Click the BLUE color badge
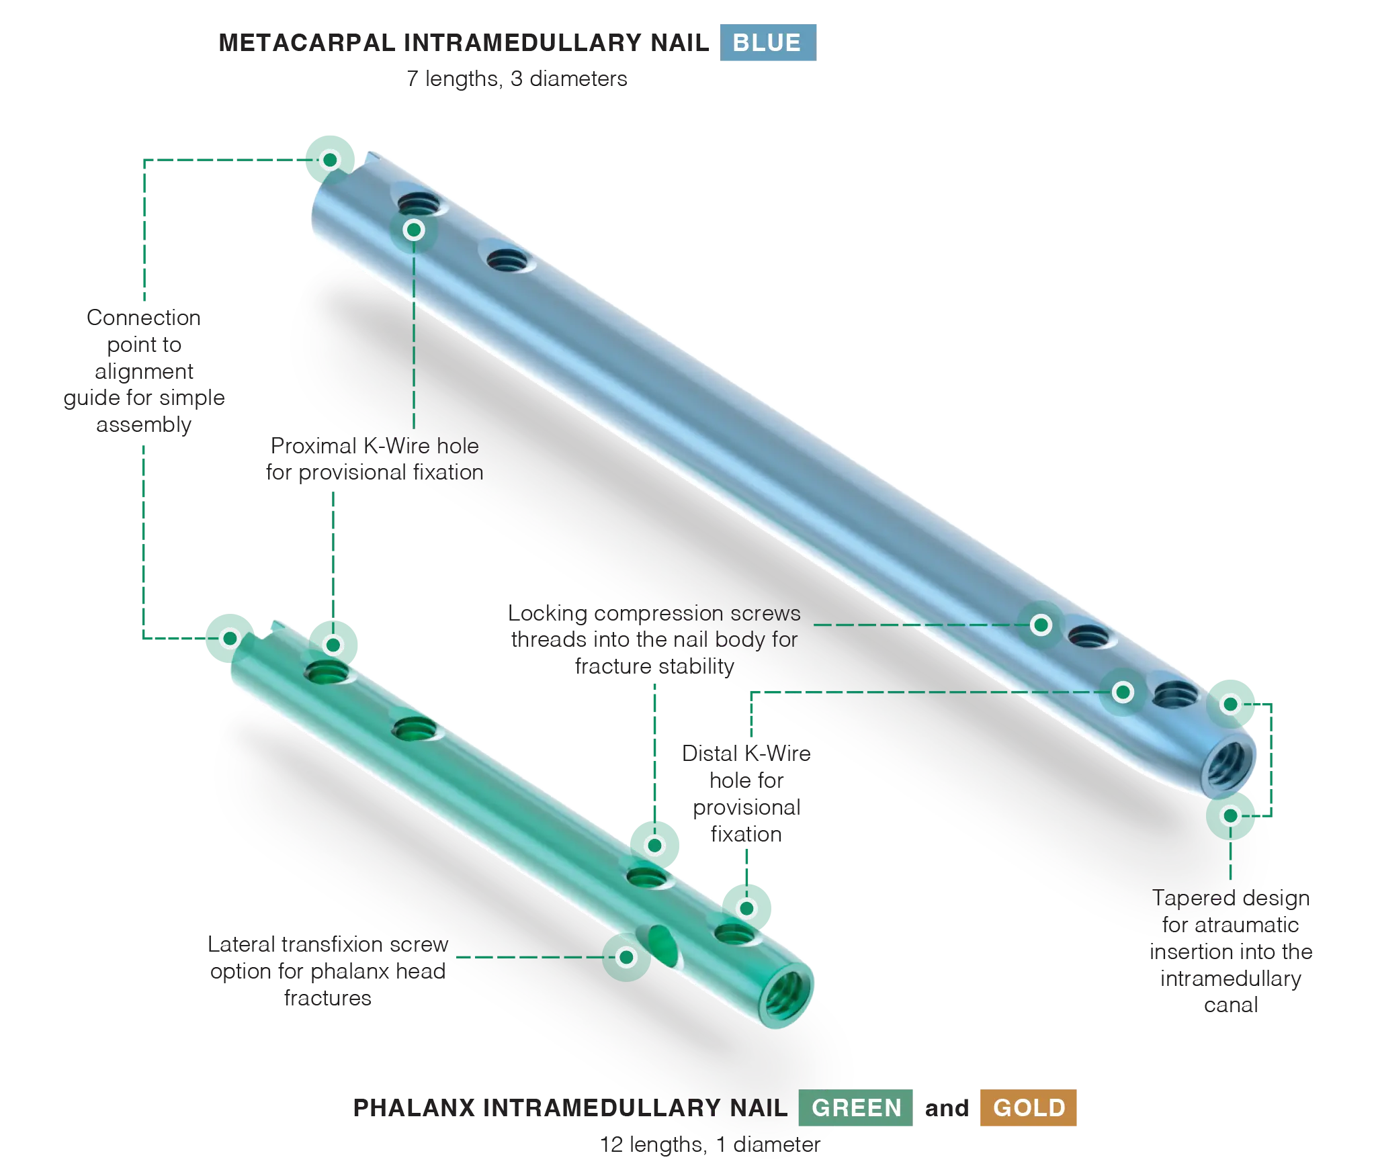pyautogui.click(x=768, y=42)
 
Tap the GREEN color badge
pyautogui.click(x=855, y=1107)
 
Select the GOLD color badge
pyautogui.click(x=1028, y=1107)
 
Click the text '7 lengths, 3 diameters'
pyautogui.click(x=517, y=79)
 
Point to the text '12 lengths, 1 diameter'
pyautogui.click(x=710, y=1144)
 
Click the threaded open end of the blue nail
pyautogui.click(x=1228, y=765)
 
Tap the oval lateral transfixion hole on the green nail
pyautogui.click(x=662, y=946)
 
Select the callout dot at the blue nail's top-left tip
pyautogui.click(x=330, y=160)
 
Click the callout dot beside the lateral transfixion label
pyautogui.click(x=626, y=957)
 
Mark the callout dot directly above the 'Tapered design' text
pyautogui.click(x=1230, y=815)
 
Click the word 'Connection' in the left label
pyautogui.click(x=144, y=317)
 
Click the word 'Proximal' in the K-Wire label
pyautogui.click(x=314, y=446)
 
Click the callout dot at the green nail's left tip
pyautogui.click(x=230, y=638)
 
